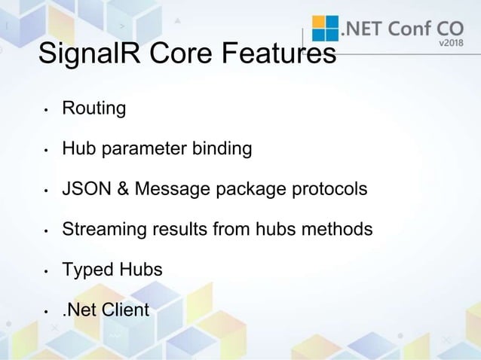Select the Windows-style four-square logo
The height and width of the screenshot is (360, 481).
pos(326,29)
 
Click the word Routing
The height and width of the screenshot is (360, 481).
pos(93,109)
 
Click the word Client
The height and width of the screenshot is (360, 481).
pos(125,309)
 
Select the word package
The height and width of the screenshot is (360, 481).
pos(245,189)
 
